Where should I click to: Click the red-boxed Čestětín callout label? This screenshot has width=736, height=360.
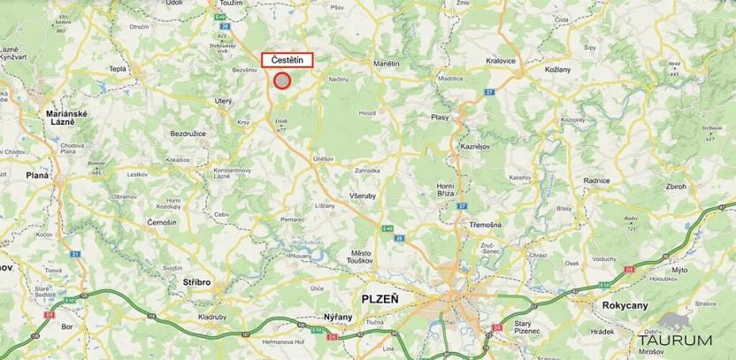287,60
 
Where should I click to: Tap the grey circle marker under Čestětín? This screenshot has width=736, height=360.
281,80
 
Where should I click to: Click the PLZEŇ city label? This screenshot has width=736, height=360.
380,299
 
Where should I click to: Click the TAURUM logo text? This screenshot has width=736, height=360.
678,340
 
